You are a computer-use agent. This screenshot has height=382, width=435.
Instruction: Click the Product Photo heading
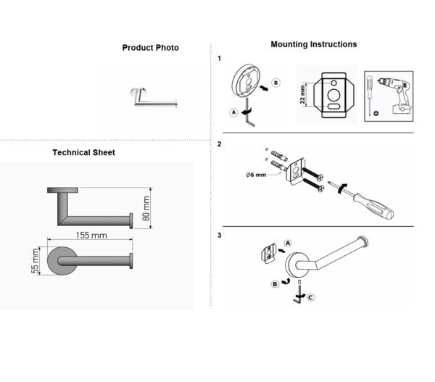coord(150,48)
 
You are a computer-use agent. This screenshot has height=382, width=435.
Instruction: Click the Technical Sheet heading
coord(83,152)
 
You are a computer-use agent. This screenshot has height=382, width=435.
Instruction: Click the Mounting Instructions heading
coord(314,44)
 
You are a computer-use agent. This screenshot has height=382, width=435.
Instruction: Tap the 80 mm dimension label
coord(146,208)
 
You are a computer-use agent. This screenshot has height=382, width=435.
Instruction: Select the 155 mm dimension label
coord(91,236)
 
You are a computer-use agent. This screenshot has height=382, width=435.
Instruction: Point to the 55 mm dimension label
coord(35,261)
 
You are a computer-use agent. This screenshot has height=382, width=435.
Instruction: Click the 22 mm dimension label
coord(302,94)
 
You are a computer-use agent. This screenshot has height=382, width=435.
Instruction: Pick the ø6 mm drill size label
coord(256,175)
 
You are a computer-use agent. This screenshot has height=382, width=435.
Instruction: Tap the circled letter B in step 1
coord(275,83)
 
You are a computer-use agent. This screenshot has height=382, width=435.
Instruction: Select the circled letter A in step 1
coord(234,112)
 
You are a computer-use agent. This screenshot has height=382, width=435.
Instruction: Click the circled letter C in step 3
coord(310,298)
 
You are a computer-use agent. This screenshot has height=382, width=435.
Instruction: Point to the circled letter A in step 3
coord(288,244)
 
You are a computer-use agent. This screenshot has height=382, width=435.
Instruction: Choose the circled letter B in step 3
coord(275,284)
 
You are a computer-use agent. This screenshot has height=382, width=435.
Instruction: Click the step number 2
coord(220,144)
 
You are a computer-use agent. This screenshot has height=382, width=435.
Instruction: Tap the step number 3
coord(220,236)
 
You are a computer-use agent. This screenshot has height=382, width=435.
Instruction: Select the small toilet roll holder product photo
coord(154,97)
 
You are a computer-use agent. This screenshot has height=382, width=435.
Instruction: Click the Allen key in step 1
coord(249,112)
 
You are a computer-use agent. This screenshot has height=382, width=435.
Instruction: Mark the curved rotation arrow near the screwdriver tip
coord(341,188)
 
